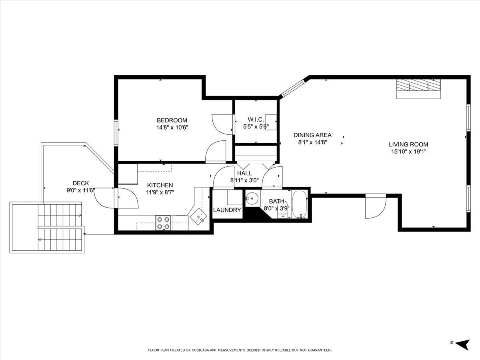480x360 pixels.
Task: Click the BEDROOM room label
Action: point(172,120)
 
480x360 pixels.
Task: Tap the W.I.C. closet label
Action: point(255,120)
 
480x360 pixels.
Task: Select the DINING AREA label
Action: point(312,135)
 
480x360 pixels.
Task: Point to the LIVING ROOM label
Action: point(408,144)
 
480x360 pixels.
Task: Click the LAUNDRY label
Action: point(227,210)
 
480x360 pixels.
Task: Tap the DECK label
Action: point(81,183)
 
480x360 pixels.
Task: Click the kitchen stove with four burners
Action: point(163,223)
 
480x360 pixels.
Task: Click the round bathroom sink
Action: point(252,198)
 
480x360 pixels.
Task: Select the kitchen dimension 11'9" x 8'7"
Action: point(160,192)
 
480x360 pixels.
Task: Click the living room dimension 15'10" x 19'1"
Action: point(408,152)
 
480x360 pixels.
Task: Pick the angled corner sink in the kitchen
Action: point(199,217)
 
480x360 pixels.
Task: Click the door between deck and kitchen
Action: point(126,198)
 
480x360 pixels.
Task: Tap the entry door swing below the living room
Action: point(375,206)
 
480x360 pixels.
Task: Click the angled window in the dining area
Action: point(293,88)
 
